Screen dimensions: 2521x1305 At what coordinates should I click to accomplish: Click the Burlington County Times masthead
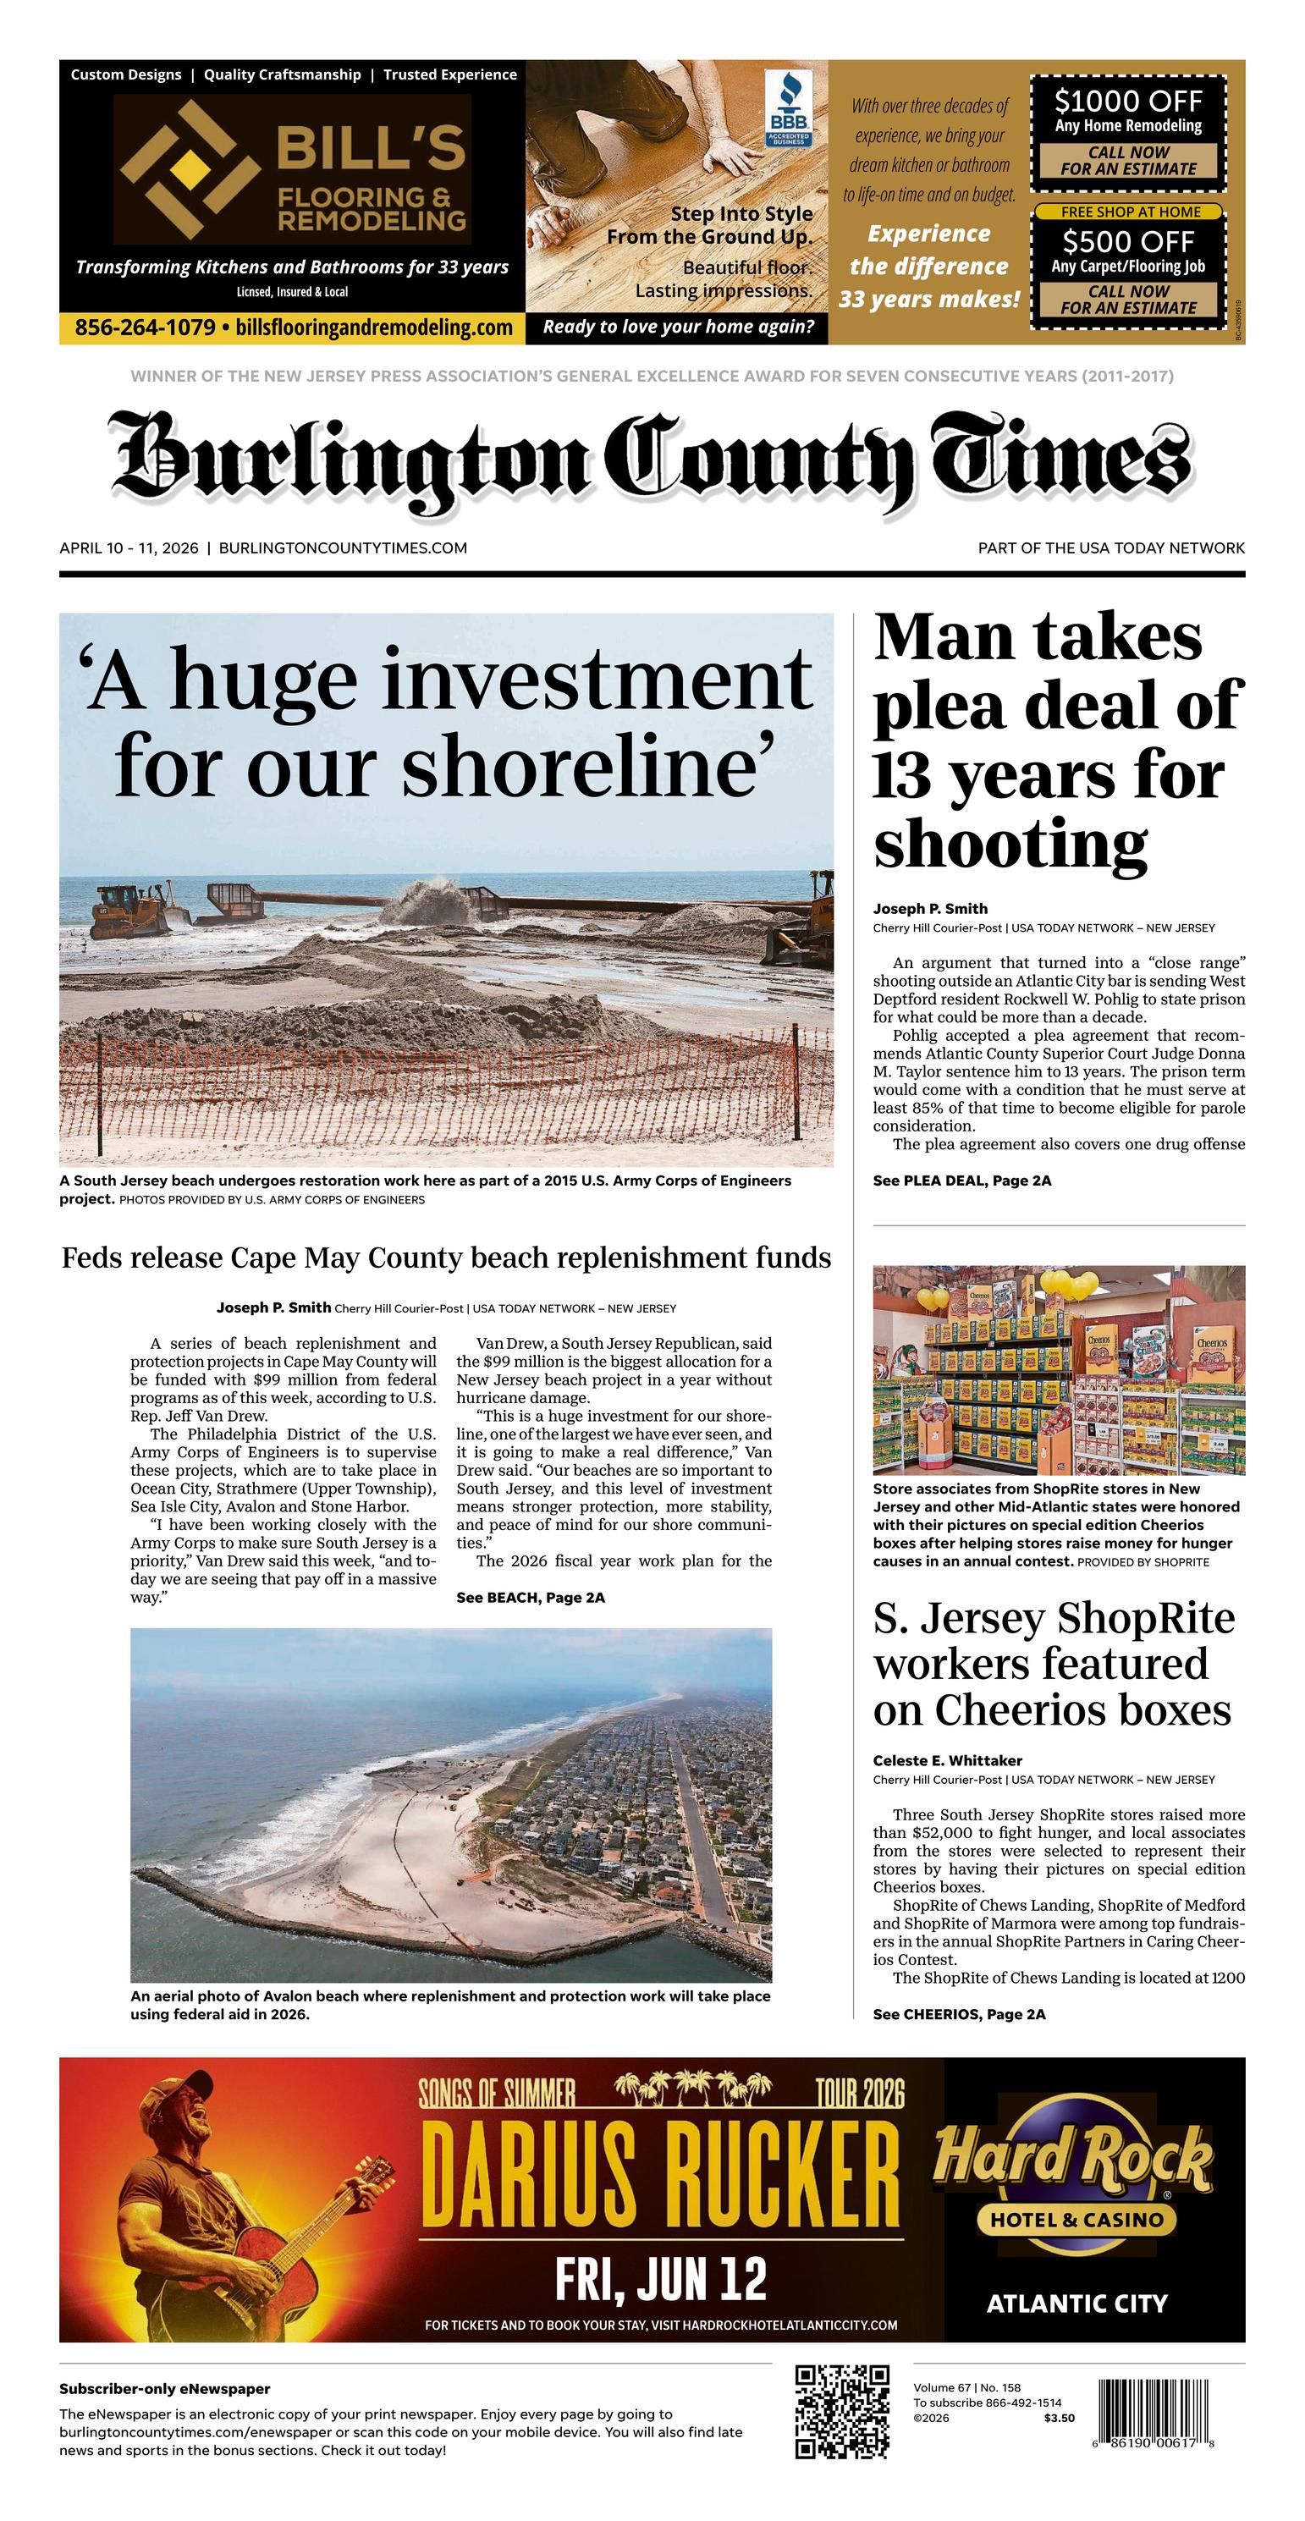tap(652, 458)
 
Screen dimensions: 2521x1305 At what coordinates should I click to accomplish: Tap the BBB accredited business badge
tap(787, 107)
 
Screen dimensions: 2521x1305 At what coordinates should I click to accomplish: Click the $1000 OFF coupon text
tap(1128, 101)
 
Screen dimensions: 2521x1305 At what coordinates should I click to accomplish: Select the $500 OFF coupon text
tap(1128, 240)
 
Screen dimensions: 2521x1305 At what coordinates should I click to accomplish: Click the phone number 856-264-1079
tap(145, 328)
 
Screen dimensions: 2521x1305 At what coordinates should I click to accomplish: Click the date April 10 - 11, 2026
tap(129, 548)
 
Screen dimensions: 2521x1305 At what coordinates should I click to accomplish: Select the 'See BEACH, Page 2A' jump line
tap(530, 1597)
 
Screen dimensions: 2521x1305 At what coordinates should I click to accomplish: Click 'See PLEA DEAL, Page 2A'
tap(961, 1181)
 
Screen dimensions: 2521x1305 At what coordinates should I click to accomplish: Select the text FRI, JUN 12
tap(661, 2281)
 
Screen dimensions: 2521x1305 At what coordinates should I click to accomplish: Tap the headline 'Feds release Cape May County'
tap(446, 1258)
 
